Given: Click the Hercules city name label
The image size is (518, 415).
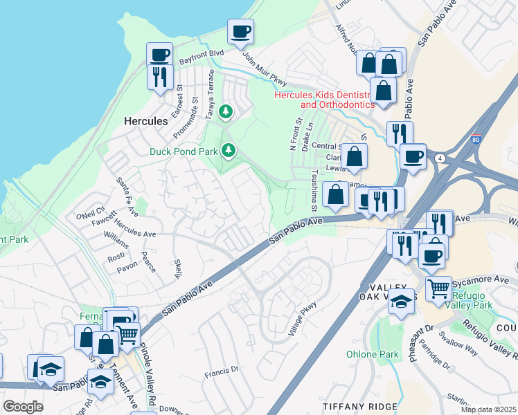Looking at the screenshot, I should tap(145, 121).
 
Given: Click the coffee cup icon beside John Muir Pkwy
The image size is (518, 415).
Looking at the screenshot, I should tap(240, 32).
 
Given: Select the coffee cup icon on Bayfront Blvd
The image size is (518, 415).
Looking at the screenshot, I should tap(159, 55).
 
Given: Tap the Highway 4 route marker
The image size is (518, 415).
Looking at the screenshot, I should tap(440, 158).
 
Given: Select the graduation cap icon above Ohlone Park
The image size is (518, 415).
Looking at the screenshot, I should tap(400, 301).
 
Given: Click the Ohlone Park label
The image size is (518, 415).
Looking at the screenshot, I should tap(373, 355).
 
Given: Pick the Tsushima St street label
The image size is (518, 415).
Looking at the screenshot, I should tap(314, 191).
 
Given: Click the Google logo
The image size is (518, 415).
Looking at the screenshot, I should tap(23, 407).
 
